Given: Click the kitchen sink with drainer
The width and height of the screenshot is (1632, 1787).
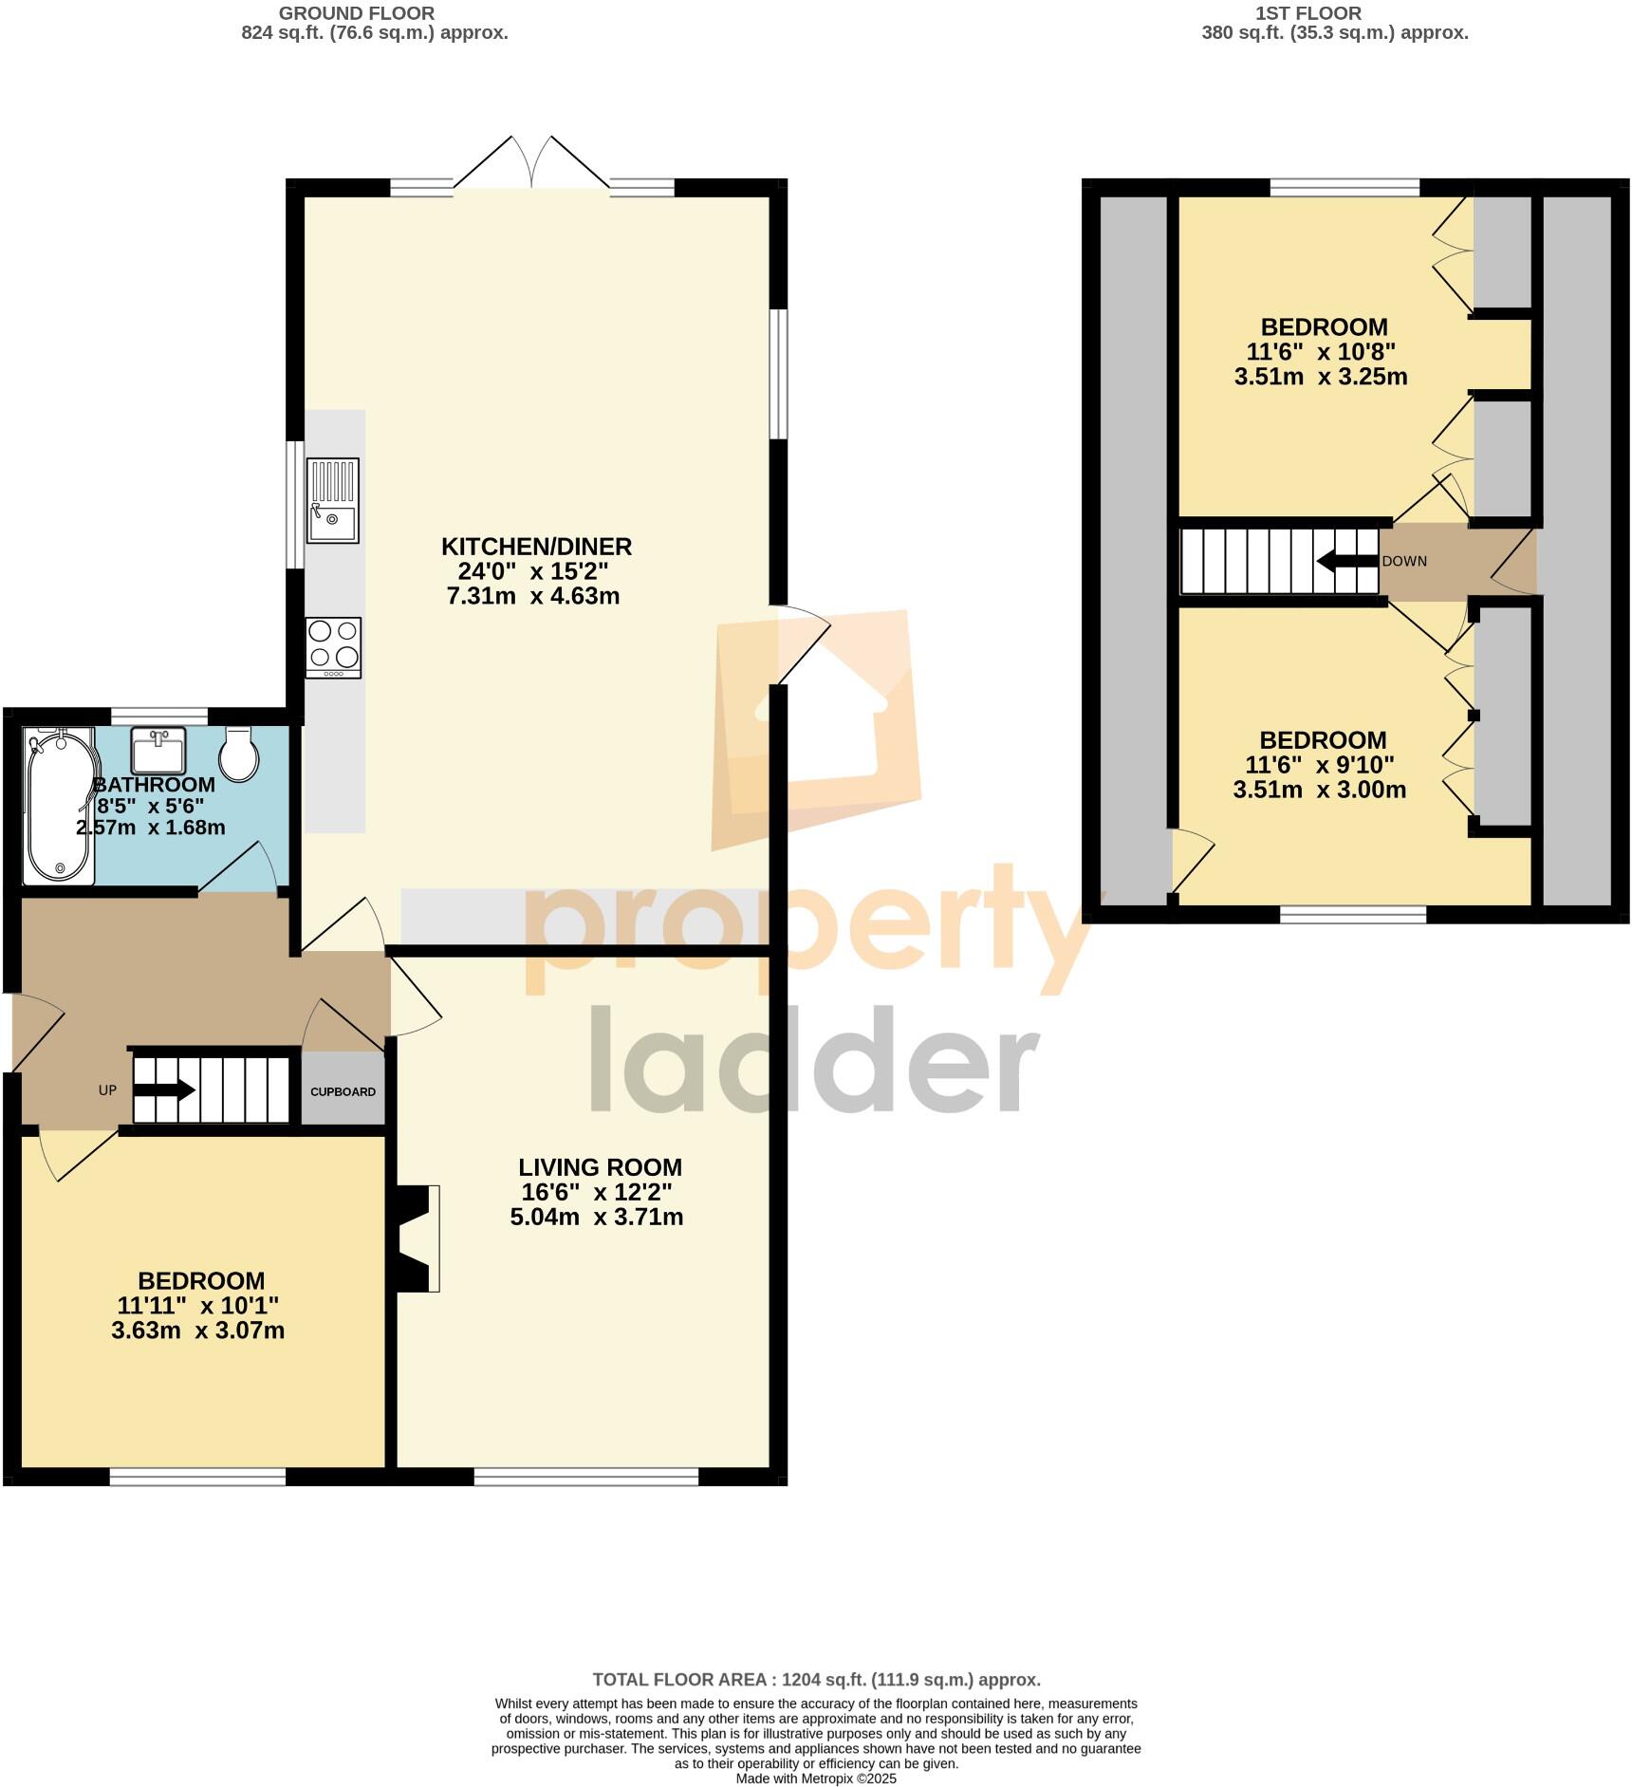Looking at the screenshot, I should pyautogui.click(x=332, y=500).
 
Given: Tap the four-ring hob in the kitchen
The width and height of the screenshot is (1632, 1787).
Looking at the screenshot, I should pyautogui.click(x=333, y=647).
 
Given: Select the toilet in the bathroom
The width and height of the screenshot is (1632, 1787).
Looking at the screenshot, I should pyautogui.click(x=239, y=755).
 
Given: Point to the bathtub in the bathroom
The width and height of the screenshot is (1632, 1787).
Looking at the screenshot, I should pyautogui.click(x=59, y=807).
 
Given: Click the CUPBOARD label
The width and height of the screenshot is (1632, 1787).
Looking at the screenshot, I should pyautogui.click(x=343, y=1091).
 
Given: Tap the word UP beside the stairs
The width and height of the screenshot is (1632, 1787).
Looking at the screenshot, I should pyautogui.click(x=107, y=1090).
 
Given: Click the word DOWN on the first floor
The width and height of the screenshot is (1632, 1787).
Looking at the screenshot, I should pyautogui.click(x=1404, y=561).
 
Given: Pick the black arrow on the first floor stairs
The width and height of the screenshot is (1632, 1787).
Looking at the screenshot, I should pyautogui.click(x=1346, y=561).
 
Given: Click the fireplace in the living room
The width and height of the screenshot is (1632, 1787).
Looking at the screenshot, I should pyautogui.click(x=417, y=1238).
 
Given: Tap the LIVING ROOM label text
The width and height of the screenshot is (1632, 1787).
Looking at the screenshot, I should pyautogui.click(x=600, y=1167).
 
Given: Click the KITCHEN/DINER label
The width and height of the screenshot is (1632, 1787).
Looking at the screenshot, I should pyautogui.click(x=536, y=547).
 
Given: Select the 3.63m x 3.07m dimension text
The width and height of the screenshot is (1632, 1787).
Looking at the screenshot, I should pyautogui.click(x=197, y=1331).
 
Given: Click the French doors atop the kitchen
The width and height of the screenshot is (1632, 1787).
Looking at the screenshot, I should pyautogui.click(x=531, y=166).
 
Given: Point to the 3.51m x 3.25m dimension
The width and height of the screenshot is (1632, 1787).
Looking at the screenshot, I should pyautogui.click(x=1320, y=377).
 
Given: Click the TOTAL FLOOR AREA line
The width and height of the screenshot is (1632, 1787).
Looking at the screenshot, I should pyautogui.click(x=816, y=1680).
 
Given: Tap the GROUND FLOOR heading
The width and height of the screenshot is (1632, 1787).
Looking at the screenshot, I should pyautogui.click(x=357, y=13).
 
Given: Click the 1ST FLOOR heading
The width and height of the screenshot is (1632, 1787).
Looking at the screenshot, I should pyautogui.click(x=1307, y=13).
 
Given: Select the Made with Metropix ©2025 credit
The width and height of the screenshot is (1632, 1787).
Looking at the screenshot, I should pyautogui.click(x=816, y=1778).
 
